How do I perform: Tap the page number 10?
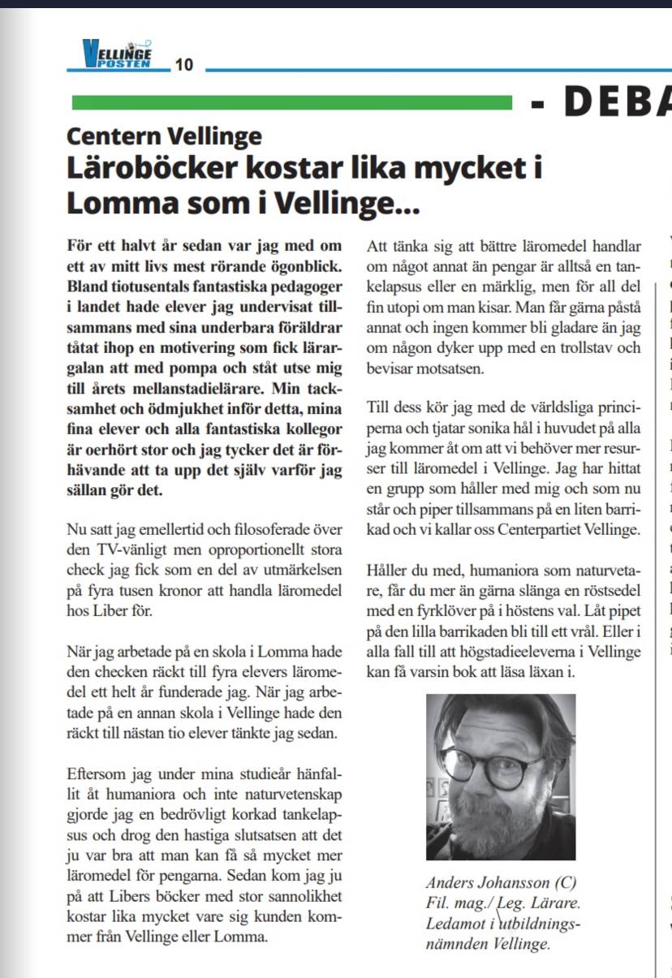pos(184,65)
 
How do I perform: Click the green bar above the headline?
pos(292,102)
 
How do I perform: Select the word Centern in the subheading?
pos(114,136)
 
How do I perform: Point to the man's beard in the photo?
pos(495,820)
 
